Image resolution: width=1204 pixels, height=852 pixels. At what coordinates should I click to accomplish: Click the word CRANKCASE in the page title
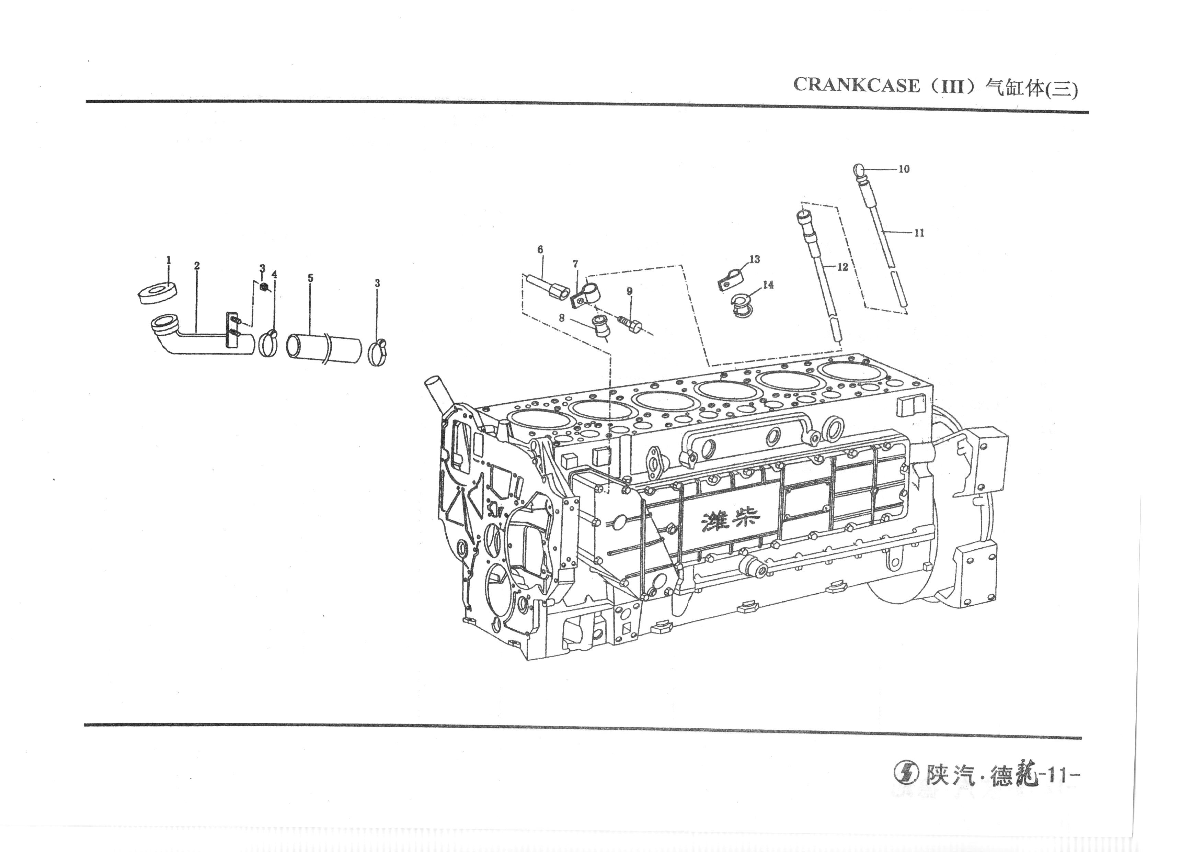click(856, 85)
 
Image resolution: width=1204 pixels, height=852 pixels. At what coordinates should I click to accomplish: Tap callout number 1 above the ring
click(169, 260)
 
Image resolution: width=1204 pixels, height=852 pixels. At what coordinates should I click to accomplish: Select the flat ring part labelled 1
click(156, 293)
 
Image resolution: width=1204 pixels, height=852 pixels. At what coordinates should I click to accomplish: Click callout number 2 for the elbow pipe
click(197, 266)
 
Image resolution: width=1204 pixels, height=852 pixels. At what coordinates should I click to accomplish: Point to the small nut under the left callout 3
click(265, 287)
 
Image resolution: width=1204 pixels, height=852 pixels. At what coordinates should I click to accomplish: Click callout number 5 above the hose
click(310, 278)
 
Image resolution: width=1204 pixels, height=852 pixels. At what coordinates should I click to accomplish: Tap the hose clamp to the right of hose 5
click(378, 351)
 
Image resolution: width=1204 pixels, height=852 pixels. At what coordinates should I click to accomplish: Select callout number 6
click(540, 250)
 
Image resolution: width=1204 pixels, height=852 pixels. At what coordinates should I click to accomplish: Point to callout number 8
click(562, 318)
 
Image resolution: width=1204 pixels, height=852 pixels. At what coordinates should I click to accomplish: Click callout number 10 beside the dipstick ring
click(904, 169)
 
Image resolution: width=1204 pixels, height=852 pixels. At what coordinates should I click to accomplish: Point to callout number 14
click(768, 285)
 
